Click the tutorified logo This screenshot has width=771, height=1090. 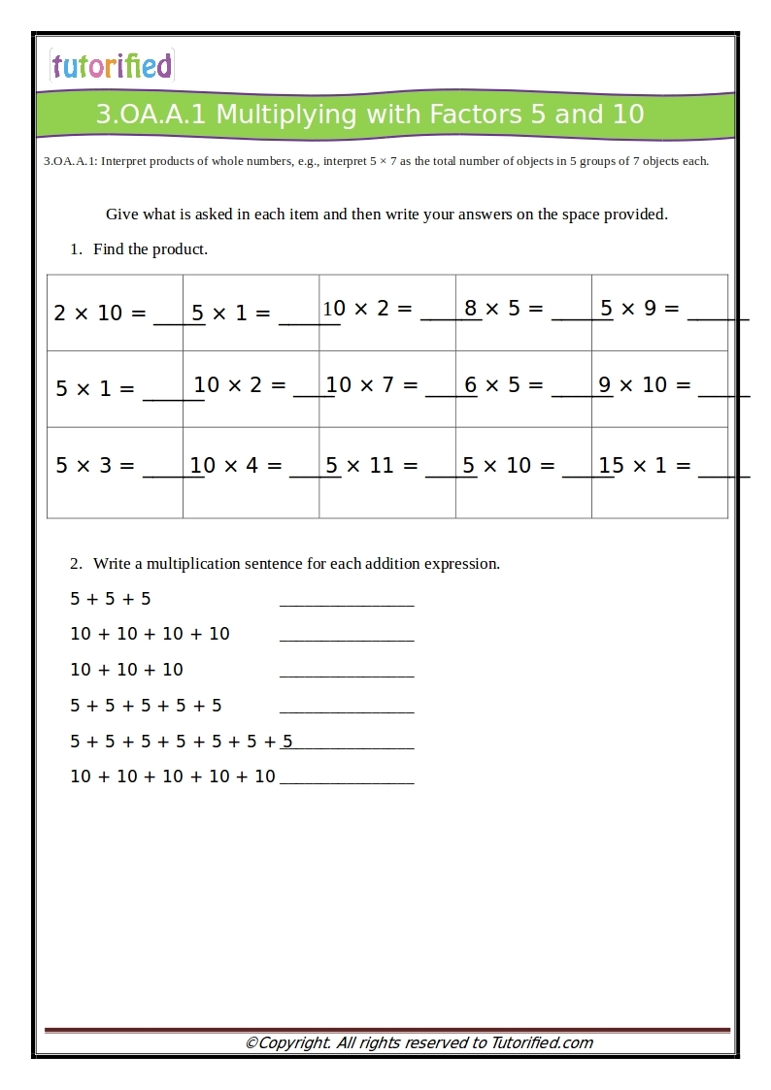point(112,65)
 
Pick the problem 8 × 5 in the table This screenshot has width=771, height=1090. point(505,309)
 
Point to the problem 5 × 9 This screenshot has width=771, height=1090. point(641,309)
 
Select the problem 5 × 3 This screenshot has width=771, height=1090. point(95,465)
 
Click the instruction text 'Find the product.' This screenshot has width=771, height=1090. point(151,249)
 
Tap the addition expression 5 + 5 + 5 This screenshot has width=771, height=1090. point(111,599)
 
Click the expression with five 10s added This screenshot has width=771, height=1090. point(173,776)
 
